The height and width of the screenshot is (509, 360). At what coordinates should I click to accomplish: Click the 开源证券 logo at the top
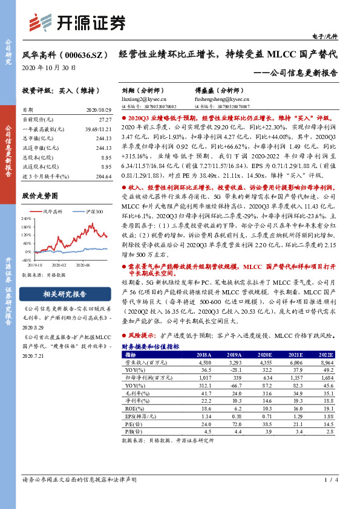(78, 22)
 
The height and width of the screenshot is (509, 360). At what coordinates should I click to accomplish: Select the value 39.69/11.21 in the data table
(97, 130)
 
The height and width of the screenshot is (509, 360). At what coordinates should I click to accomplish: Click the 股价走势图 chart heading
(40, 196)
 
